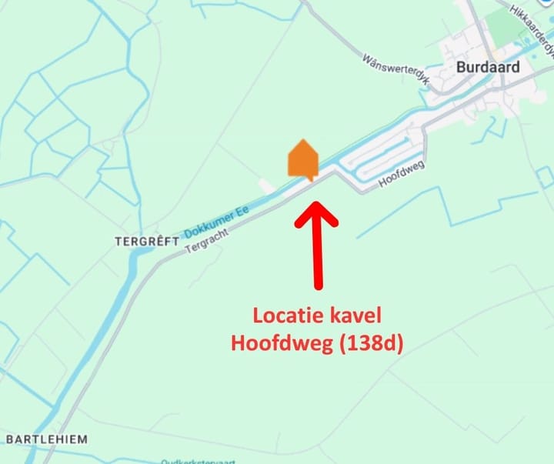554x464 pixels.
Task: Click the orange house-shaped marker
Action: point(302,160)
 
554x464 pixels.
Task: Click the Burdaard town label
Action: point(487,67)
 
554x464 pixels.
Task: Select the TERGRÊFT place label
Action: point(146,241)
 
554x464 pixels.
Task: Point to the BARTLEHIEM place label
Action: point(46,439)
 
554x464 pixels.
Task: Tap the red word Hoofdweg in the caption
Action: point(281,343)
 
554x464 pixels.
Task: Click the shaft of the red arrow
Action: point(316,254)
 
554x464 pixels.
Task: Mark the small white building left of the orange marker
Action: point(266,185)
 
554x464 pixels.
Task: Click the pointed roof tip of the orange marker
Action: point(302,140)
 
